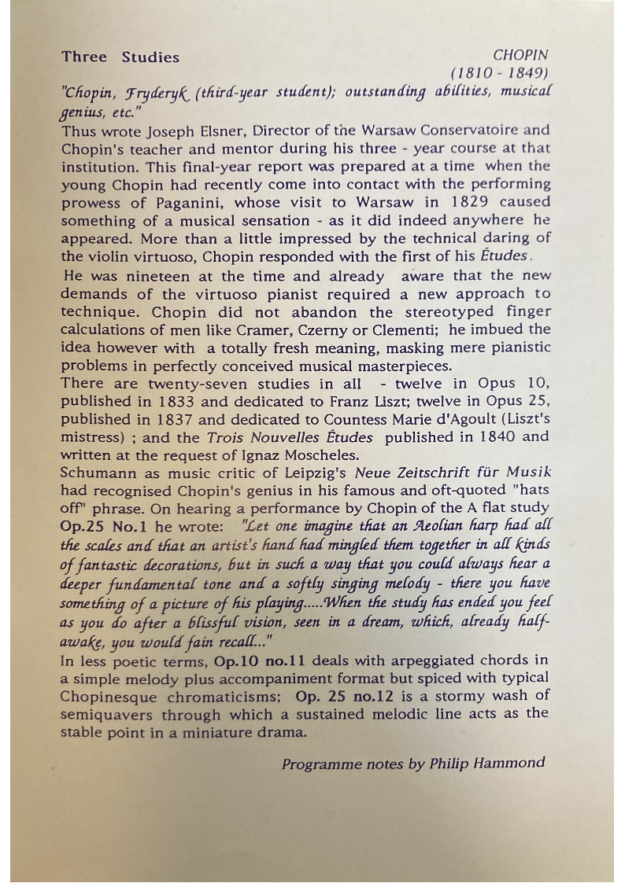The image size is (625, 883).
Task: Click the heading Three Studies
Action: pos(120,57)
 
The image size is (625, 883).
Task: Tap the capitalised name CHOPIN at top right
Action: pos(520,56)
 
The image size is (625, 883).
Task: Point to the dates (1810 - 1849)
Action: pos(500,74)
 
